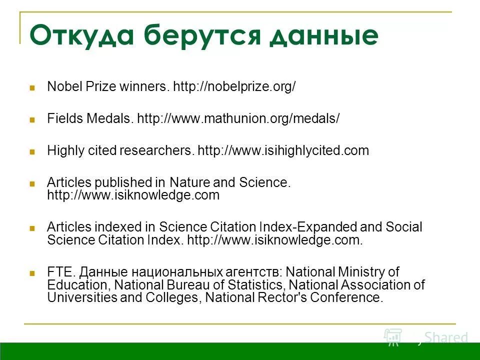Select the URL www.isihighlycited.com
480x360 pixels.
(283, 151)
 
